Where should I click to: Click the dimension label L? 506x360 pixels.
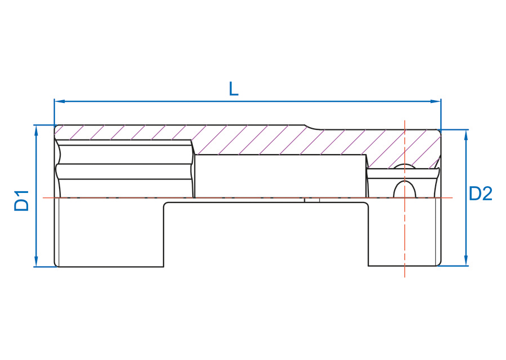[234, 89]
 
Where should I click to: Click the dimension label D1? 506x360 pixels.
[21, 201]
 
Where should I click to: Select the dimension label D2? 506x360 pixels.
[481, 193]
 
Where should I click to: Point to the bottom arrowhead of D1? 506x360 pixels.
[36, 261]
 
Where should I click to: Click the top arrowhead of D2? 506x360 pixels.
[466, 136]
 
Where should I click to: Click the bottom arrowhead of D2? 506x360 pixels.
[466, 260]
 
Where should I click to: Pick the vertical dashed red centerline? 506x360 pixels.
[405, 199]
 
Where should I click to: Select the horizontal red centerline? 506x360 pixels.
[248, 197]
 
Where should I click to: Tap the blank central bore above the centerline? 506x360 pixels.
[281, 176]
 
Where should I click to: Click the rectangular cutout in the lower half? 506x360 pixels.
[266, 235]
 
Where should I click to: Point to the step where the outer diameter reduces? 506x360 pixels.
[313, 127]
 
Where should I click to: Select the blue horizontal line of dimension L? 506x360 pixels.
[247, 101]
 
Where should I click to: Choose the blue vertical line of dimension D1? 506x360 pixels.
[36, 196]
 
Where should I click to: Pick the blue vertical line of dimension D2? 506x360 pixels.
[466, 197]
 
